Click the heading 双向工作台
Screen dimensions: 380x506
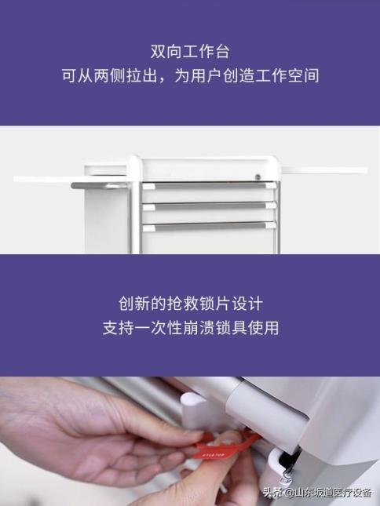(x=190, y=52)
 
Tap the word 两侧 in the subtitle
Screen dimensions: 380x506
(x=110, y=76)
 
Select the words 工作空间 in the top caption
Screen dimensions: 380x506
(x=287, y=76)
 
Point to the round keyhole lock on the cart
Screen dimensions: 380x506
(x=258, y=177)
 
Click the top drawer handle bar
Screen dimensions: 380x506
(x=209, y=185)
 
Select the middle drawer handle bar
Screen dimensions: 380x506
(x=209, y=206)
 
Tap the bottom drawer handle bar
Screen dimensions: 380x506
(x=209, y=226)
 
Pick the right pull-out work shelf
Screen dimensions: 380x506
(x=324, y=170)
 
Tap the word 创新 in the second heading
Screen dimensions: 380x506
(x=134, y=304)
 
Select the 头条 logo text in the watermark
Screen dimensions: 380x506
(x=272, y=493)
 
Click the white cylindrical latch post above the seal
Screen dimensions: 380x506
(x=195, y=410)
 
